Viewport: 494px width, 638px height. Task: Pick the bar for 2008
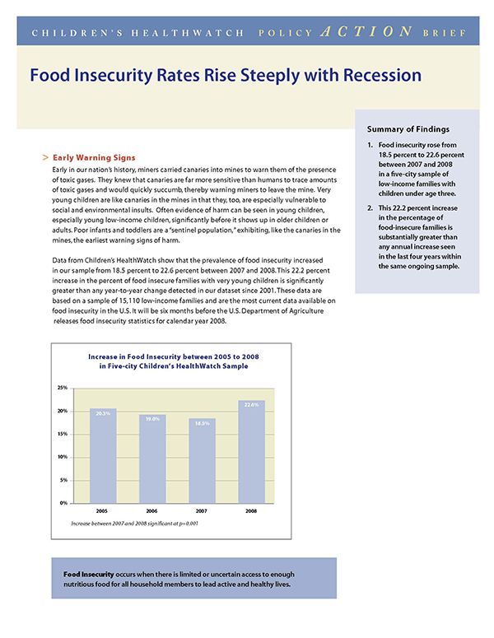coord(252,451)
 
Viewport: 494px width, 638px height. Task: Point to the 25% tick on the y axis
coord(62,387)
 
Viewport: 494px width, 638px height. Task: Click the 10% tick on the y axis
coord(62,456)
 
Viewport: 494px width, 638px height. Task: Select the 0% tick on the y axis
coord(63,502)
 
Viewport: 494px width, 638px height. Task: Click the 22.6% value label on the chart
coord(252,404)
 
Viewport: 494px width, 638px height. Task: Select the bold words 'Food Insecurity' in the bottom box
coord(90,574)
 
